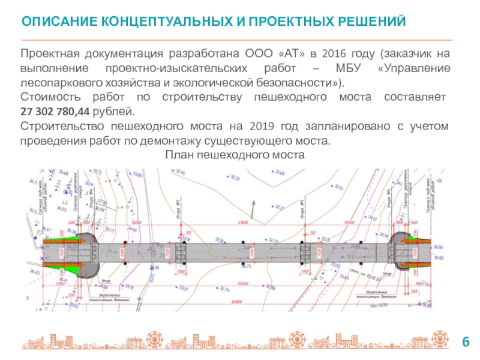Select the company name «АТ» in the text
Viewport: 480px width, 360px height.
pos(292,53)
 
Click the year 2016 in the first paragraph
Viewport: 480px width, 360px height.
pos(333,53)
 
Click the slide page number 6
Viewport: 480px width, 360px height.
pos(464,342)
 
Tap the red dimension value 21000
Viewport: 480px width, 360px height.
pos(244,222)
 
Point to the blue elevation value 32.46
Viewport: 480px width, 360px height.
pos(181,173)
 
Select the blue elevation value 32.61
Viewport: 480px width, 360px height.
pos(338,187)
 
